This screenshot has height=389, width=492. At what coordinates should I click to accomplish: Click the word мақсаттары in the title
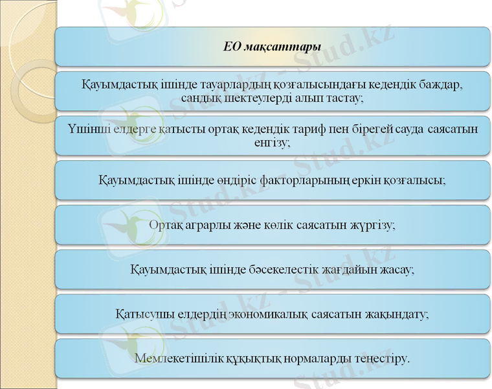pyautogui.click(x=282, y=47)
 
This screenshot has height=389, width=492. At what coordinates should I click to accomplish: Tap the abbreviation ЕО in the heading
pyautogui.click(x=232, y=47)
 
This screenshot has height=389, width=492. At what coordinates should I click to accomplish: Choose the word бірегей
pyautogui.click(x=368, y=129)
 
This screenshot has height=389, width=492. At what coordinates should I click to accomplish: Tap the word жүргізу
pyautogui.click(x=372, y=224)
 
